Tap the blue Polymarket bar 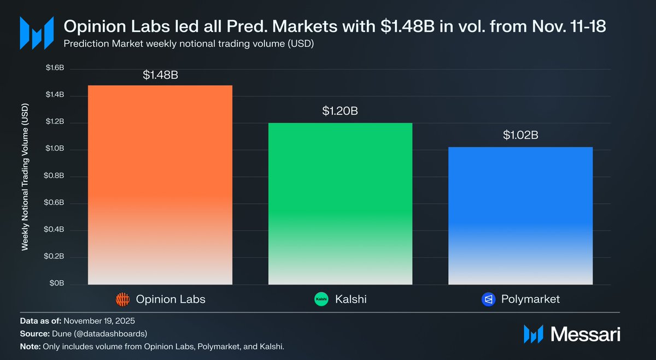pos(520,215)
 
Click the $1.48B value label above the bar pos(160,75)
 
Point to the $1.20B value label pos(340,111)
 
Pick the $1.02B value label pos(520,135)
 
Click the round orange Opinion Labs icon pos(122,299)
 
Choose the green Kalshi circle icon pos(321,299)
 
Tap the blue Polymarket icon pos(488,299)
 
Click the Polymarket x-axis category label pos(530,299)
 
